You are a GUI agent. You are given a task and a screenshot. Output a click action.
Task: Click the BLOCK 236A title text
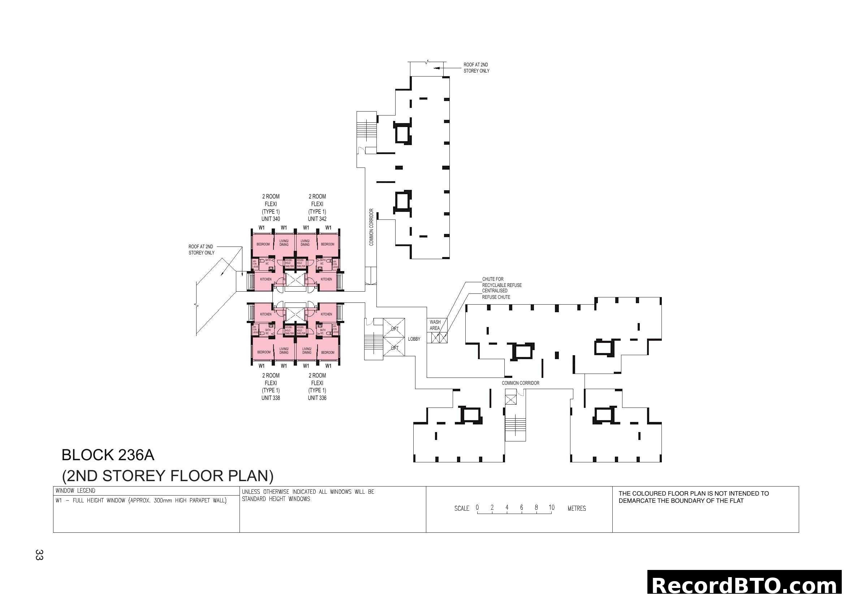click(x=108, y=455)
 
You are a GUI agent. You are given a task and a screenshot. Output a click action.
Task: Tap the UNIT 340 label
click(x=271, y=219)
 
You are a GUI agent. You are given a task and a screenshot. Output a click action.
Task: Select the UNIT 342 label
click(x=317, y=219)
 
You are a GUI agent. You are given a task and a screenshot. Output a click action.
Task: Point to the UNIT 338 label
click(x=271, y=398)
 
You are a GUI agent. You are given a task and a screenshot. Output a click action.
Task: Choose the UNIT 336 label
click(x=317, y=398)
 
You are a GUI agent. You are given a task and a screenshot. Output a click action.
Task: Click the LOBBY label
click(x=414, y=339)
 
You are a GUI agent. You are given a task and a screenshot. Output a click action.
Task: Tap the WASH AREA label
click(x=435, y=325)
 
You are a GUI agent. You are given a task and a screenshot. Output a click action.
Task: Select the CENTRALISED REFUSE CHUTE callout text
click(x=496, y=294)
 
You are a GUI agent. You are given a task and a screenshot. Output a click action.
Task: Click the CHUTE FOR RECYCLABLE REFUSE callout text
click(x=502, y=282)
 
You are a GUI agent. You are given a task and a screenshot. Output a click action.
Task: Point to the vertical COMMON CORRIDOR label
click(x=371, y=227)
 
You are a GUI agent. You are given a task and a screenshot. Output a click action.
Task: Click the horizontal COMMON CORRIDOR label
click(x=520, y=383)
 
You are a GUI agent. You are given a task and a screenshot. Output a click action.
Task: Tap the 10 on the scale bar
click(x=551, y=507)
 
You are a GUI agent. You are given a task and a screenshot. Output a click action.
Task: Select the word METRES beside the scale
click(x=577, y=509)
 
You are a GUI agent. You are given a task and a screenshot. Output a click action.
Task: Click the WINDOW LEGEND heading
click(x=76, y=491)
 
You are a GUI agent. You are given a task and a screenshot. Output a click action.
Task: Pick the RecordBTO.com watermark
click(x=746, y=585)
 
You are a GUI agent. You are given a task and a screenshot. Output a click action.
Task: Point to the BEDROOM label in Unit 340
click(x=263, y=244)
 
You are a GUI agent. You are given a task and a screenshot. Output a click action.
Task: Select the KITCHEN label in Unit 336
click(x=327, y=314)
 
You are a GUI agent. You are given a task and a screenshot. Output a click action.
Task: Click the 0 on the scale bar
click(x=477, y=507)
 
